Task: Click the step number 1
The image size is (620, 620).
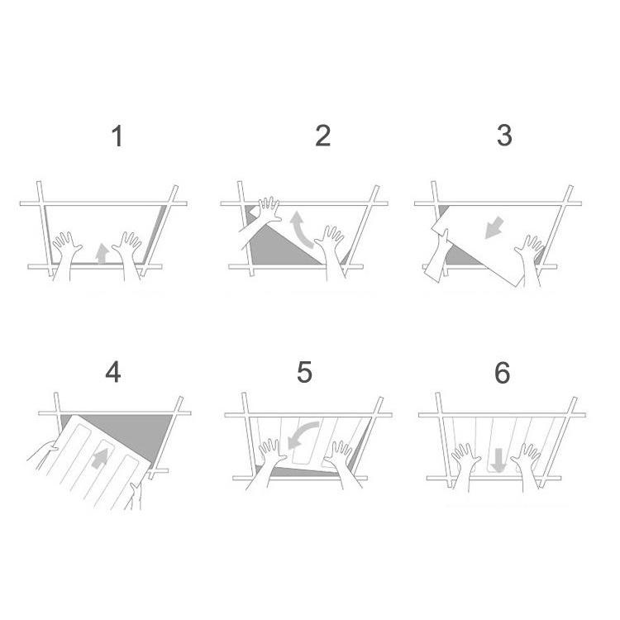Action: (117, 136)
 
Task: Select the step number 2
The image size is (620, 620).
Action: (323, 136)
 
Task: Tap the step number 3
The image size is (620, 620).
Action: (504, 136)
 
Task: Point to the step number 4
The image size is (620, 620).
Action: (113, 373)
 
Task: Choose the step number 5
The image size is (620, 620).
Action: (304, 372)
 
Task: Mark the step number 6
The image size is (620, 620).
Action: (503, 373)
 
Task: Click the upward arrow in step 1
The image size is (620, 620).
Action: (103, 254)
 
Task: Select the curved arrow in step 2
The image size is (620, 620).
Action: (301, 230)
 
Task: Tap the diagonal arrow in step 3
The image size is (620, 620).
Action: (494, 228)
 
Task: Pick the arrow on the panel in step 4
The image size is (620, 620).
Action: (100, 458)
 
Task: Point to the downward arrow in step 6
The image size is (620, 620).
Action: (499, 460)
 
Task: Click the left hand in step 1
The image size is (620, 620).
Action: (66, 255)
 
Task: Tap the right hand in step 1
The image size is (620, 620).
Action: (128, 255)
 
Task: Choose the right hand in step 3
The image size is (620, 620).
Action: (530, 259)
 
